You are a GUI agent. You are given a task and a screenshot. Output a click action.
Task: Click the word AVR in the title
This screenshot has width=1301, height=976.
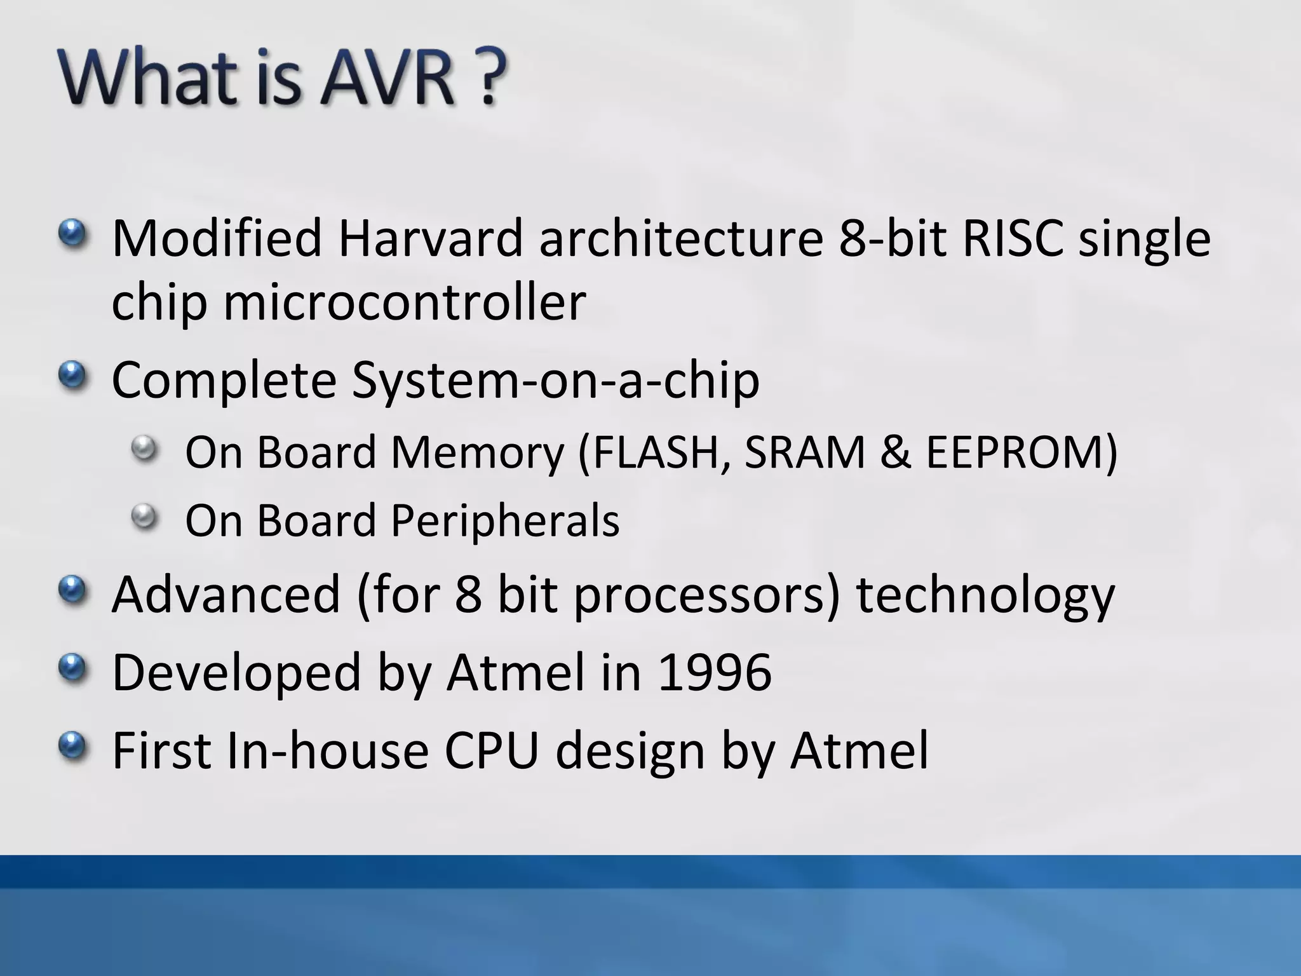click(387, 78)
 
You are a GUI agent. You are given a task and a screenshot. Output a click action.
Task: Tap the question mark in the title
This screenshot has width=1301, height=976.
click(490, 78)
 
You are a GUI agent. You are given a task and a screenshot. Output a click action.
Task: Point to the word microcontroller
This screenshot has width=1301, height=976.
click(405, 302)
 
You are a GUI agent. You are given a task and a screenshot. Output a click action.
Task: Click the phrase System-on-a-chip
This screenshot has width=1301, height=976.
click(555, 380)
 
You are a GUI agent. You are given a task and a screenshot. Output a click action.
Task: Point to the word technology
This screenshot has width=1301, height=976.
click(985, 595)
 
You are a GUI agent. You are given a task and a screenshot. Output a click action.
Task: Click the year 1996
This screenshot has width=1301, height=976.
click(715, 672)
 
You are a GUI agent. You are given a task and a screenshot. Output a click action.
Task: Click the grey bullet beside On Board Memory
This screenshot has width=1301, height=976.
click(145, 449)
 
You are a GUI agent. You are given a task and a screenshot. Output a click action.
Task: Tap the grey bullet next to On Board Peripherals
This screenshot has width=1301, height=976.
click(145, 517)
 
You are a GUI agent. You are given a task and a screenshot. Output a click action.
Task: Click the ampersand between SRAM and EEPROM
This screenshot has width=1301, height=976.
click(896, 452)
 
